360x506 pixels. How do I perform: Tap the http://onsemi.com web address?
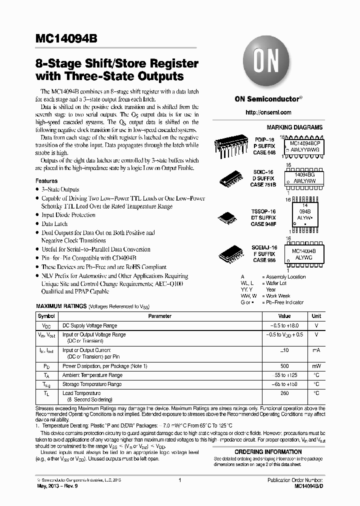pyautogui.click(x=268, y=112)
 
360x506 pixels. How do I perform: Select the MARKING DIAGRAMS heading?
pyautogui.click(x=294, y=128)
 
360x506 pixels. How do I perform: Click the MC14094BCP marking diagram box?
pyautogui.click(x=304, y=145)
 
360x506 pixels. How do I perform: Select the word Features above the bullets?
pyautogui.click(x=46, y=181)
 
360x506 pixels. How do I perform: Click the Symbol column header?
pyautogui.click(x=46, y=316)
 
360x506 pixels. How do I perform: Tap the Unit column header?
pyautogui.click(x=316, y=316)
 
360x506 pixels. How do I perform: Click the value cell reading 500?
pyautogui.click(x=284, y=366)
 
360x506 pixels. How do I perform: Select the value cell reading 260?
pyautogui.click(x=284, y=393)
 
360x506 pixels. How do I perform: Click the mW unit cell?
pyautogui.click(x=316, y=366)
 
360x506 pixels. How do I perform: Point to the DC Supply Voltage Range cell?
pyautogui.click(x=89, y=325)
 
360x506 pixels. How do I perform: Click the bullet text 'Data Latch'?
pyautogui.click(x=54, y=224)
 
